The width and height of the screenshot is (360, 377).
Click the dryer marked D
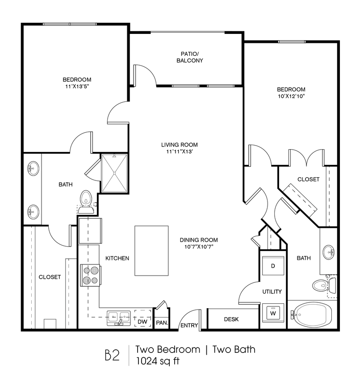[x=273, y=266]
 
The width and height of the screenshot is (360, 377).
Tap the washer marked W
[x=273, y=313]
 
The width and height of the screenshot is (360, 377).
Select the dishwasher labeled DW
[x=142, y=318]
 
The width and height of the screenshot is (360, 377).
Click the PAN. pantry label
[x=162, y=323]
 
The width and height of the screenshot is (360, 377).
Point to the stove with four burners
[x=90, y=275]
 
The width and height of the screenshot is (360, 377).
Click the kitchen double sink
[x=119, y=318]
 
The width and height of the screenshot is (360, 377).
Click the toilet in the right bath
[x=324, y=285]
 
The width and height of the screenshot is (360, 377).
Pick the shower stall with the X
[x=114, y=173]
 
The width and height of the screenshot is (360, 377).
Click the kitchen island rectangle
[x=151, y=251]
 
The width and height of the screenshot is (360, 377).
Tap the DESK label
[x=231, y=319]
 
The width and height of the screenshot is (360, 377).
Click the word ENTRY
[x=189, y=325]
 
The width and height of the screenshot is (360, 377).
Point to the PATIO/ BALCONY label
[x=190, y=57]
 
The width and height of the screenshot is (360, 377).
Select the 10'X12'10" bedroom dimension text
[x=291, y=96]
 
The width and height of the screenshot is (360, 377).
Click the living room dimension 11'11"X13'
[x=180, y=151]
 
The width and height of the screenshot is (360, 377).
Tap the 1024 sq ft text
[x=158, y=361]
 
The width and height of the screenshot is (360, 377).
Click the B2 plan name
[x=112, y=356]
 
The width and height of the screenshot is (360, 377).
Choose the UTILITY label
[x=272, y=292]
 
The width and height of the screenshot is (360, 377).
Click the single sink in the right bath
[x=328, y=252]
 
